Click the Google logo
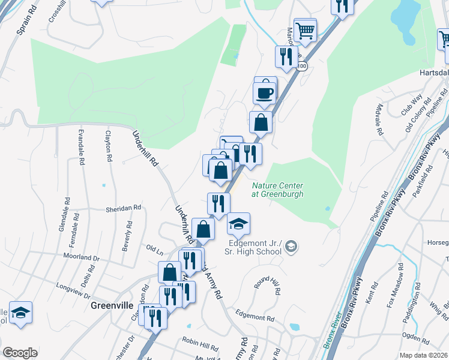tap(20, 353)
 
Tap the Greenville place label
tap(111, 305)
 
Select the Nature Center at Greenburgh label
tap(277, 190)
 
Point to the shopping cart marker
tap(305, 29)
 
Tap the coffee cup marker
tap(265, 92)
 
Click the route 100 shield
tap(301, 66)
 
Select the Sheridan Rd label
tap(123, 208)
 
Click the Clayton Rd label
tap(108, 146)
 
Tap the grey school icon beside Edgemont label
tap(291, 246)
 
